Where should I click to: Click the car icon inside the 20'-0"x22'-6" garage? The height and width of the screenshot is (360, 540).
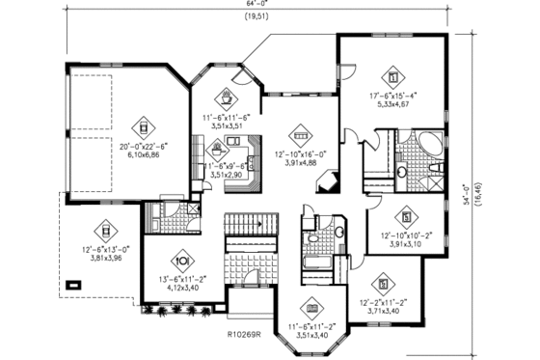click(x=142, y=125)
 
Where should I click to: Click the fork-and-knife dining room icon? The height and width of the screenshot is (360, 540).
click(x=183, y=261)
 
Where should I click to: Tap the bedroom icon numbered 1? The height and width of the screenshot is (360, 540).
click(x=392, y=74)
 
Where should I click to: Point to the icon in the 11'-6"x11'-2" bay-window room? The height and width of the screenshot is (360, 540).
click(x=310, y=309)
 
